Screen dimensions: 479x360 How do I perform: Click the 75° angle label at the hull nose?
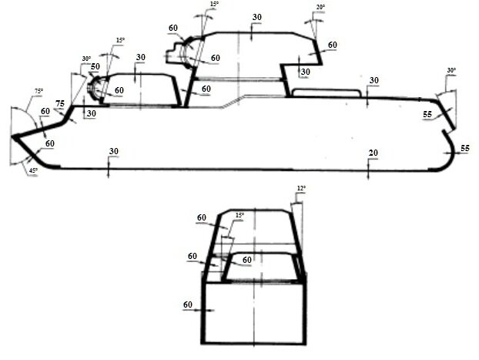[39, 91]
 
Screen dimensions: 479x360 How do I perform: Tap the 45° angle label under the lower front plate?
[33, 170]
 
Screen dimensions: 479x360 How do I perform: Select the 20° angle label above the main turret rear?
[320, 7]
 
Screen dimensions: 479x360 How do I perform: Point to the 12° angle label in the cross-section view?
[301, 188]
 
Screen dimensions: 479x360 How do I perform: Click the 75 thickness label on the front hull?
[60, 104]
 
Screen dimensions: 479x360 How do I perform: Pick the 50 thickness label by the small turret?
[95, 66]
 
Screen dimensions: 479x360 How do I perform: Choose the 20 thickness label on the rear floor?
[373, 153]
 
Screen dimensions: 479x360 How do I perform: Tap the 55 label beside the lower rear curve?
[465, 148]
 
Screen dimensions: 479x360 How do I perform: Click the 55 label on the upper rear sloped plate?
[427, 114]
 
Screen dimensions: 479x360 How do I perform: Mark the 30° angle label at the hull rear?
[451, 70]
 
